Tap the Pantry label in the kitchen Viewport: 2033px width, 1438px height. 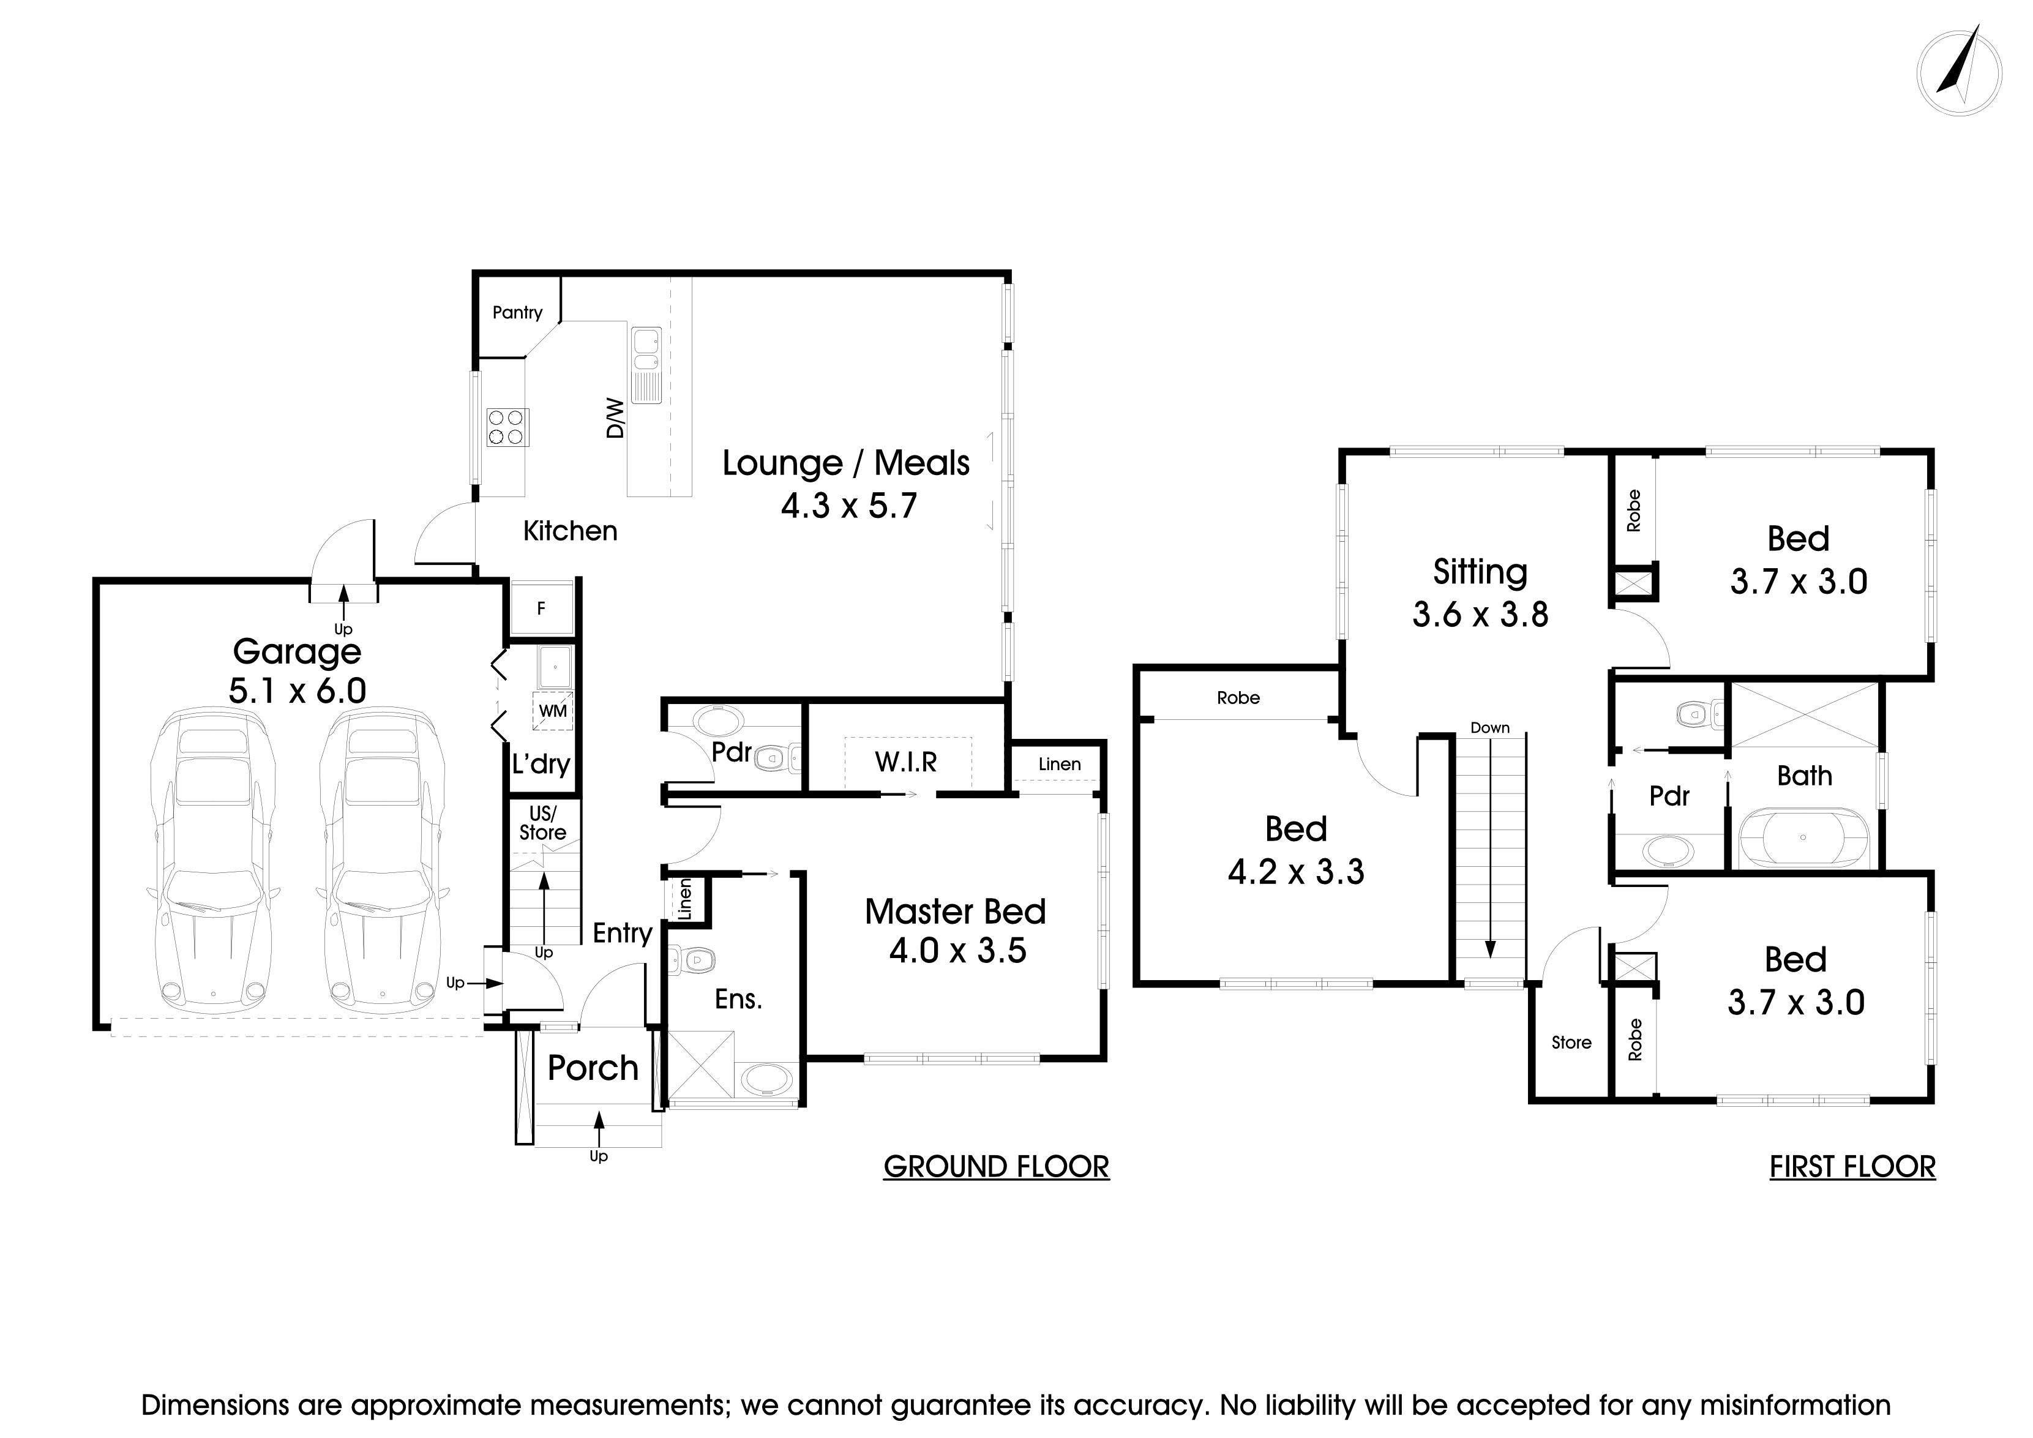517,313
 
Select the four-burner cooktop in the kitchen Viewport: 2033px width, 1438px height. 507,427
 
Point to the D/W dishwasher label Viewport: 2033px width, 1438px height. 615,418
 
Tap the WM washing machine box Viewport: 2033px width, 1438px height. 553,710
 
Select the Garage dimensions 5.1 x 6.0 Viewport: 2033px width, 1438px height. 298,691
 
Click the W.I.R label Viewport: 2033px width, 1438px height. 906,762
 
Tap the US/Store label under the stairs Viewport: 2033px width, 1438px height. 543,823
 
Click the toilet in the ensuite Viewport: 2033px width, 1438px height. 692,959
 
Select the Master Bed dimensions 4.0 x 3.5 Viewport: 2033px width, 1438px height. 958,951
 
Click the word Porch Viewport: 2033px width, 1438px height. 593,1068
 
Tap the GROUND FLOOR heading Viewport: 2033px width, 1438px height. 996,1167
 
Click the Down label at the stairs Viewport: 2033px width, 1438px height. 1490,728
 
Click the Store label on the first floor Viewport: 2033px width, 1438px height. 1571,1043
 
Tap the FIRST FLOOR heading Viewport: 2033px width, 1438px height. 1852,1167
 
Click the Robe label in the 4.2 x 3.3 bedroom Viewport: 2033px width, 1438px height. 1238,698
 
